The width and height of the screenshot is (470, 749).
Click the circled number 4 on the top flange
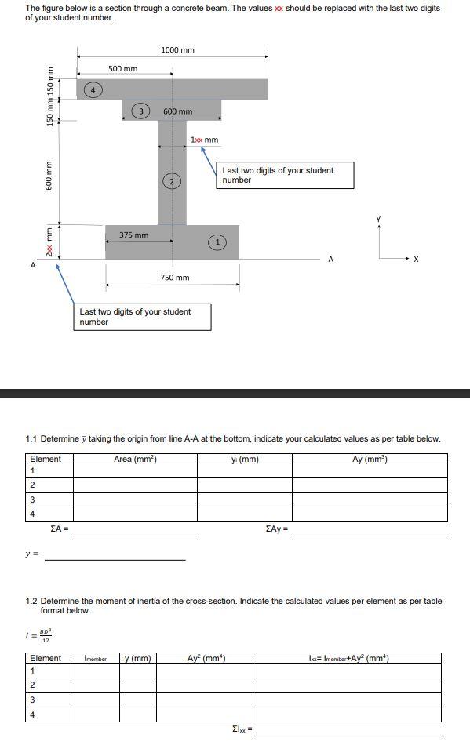tap(93, 89)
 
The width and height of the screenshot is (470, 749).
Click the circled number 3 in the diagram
tap(140, 111)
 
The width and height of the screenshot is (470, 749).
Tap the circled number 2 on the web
tap(172, 181)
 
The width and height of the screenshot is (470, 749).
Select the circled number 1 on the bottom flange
tap(217, 242)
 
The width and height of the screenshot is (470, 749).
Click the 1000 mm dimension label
tap(178, 49)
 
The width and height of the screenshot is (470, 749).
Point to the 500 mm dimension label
tap(123, 69)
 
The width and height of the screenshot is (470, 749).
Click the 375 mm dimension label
tap(134, 235)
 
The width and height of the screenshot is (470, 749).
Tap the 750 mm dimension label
tap(175, 278)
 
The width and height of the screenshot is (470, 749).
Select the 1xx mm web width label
tap(205, 140)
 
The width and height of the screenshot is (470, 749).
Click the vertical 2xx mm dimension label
tap(49, 242)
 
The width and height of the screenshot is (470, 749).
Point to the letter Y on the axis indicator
tap(379, 219)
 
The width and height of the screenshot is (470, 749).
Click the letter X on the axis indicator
tap(416, 260)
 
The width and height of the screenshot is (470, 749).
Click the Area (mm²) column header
tap(135, 459)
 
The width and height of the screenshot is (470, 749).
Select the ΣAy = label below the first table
tap(277, 529)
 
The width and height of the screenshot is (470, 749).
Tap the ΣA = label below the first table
tap(60, 529)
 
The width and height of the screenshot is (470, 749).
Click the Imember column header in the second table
tap(95, 659)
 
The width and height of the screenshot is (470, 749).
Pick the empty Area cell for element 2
tap(135, 485)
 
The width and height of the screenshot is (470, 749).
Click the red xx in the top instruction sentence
tap(279, 8)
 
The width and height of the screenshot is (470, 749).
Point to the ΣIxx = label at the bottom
tap(242, 729)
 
